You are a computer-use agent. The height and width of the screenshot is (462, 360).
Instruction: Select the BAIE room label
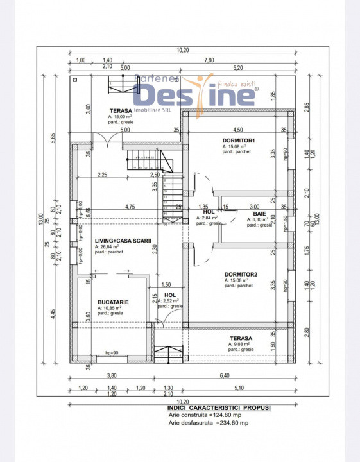point(259,213)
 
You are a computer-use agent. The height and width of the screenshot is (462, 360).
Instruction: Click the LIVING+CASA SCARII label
point(114,240)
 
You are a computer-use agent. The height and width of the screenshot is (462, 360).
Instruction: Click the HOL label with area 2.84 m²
point(208,211)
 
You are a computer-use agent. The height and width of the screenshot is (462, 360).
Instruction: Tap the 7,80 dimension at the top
point(209,60)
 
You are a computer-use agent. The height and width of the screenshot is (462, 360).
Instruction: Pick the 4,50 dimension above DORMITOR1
point(237,129)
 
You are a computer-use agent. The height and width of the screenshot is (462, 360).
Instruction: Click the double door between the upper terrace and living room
point(107,139)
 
